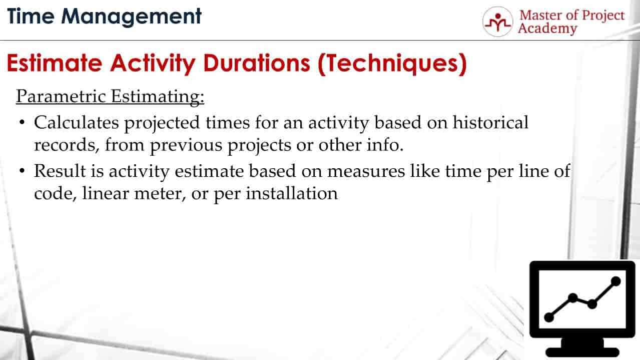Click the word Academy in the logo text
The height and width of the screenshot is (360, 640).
click(547, 29)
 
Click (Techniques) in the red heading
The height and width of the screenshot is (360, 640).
click(392, 65)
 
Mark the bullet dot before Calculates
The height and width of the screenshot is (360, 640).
click(22, 123)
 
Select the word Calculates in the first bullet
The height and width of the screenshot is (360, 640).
click(76, 123)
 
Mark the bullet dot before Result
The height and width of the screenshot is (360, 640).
click(22, 171)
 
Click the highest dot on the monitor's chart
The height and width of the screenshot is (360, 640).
click(616, 281)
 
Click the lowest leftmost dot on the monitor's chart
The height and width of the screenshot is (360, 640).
click(549, 316)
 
